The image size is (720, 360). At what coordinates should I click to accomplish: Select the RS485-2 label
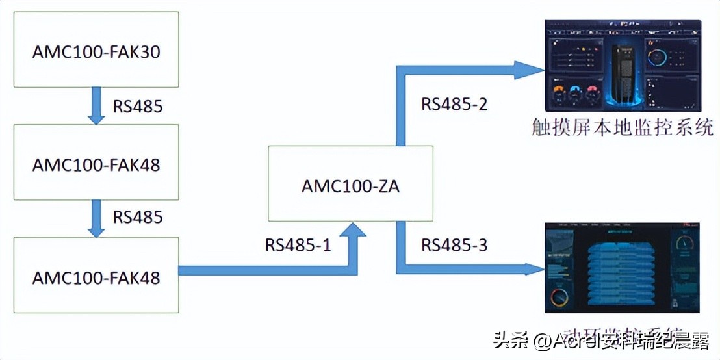(x=454, y=104)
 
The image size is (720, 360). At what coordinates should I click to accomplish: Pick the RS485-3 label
(x=454, y=245)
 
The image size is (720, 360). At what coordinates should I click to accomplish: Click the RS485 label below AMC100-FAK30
(x=138, y=106)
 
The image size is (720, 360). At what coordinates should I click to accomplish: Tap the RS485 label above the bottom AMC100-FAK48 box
(x=138, y=216)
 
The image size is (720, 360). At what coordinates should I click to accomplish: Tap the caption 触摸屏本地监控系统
(x=623, y=127)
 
